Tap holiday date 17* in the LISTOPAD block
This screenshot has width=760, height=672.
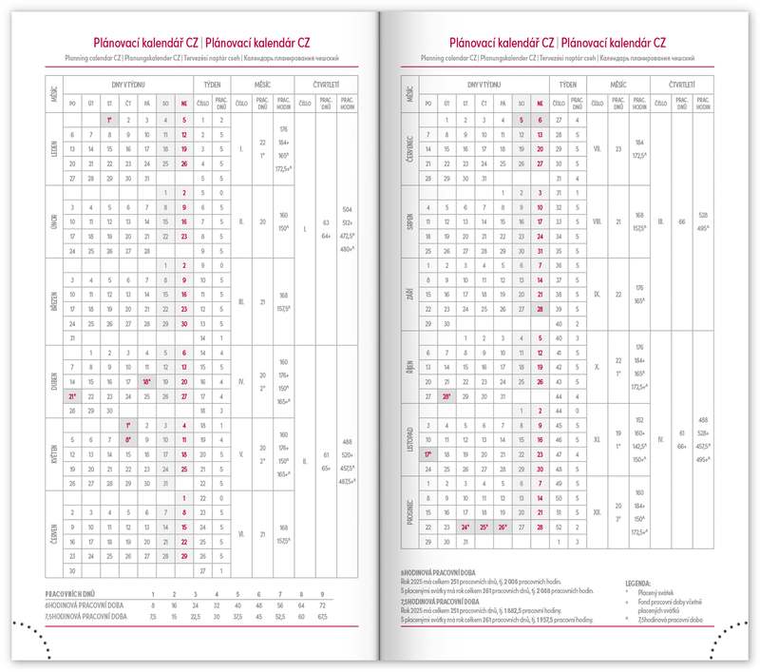pos(428,454)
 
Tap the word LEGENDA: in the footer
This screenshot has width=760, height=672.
pos(637,581)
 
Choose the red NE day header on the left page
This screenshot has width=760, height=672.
pos(182,102)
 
